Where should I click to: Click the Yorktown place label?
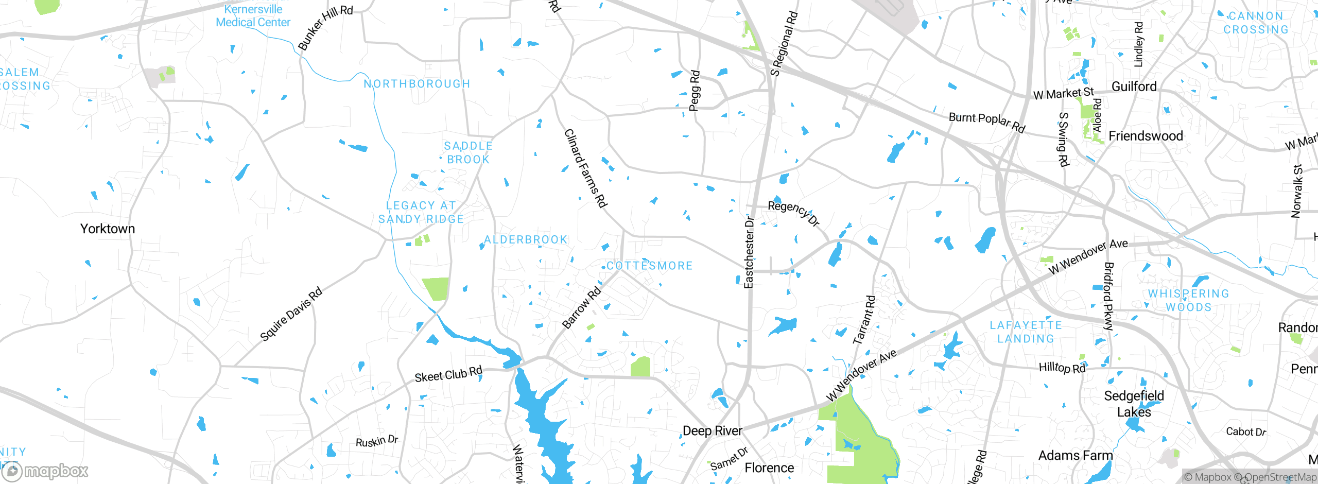pos(108,229)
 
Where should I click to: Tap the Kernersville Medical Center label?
pos(253,16)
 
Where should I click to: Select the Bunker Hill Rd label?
pos(325,28)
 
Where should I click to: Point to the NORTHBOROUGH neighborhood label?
pos(417,84)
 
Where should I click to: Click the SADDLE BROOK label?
pos(469,153)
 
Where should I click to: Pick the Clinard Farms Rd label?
pos(585,168)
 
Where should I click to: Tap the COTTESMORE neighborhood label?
pos(649,266)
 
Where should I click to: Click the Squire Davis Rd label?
pos(291,314)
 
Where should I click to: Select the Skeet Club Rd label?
pos(448,374)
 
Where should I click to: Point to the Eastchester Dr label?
pos(749,252)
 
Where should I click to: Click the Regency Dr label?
pos(793,213)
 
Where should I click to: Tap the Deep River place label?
pos(712,431)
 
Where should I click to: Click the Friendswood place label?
pos(1146,136)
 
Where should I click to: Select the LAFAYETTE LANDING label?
pos(1026,332)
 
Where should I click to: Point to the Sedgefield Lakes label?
pos(1134,404)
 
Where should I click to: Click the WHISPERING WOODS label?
pos(1188,300)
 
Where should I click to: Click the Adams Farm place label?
pos(1075,456)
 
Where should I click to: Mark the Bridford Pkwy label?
pos(1108,296)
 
